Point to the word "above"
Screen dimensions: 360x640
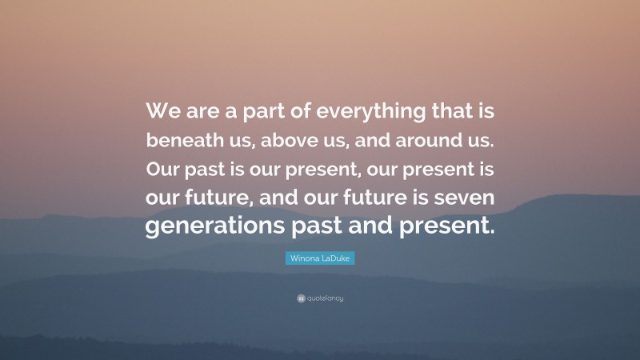pos(294,139)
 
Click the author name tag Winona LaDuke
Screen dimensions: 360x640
pos(319,259)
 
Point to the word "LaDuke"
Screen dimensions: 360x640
pos(336,259)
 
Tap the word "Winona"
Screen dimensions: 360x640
pos(303,259)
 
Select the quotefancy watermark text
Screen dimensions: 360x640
pos(324,298)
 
